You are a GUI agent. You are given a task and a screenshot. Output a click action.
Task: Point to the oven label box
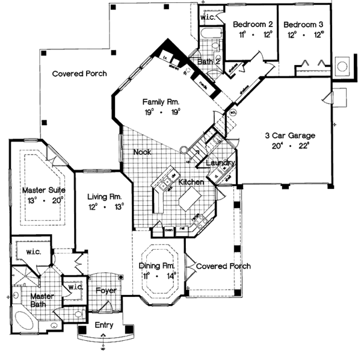(169, 229)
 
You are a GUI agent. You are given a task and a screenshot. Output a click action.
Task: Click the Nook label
(142, 153)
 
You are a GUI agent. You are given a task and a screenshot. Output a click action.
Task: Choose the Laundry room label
(220, 163)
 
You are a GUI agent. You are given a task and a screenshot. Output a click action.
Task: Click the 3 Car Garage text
(290, 135)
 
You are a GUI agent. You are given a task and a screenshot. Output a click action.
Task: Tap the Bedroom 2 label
(253, 25)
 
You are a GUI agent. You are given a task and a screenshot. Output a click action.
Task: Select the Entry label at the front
(103, 326)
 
